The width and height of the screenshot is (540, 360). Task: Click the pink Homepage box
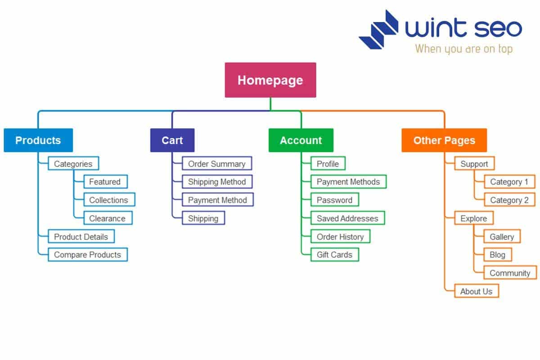(x=270, y=80)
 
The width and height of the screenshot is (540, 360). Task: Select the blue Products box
(x=38, y=140)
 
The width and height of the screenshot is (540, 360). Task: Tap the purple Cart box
(x=172, y=140)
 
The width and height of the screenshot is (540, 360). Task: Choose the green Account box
(x=301, y=140)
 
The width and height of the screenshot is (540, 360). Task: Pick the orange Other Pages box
(x=444, y=140)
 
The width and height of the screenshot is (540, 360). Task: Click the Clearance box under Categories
(x=108, y=218)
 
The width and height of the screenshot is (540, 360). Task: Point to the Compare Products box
(x=87, y=255)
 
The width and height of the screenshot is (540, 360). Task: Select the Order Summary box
(x=216, y=164)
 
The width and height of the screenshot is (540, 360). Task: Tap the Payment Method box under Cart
(x=217, y=200)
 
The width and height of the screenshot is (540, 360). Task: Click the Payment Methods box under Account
(x=348, y=182)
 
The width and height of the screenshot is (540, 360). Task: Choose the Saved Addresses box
(x=347, y=218)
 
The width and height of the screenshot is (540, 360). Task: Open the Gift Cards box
(x=334, y=255)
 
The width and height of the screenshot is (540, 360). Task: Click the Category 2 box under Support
(x=509, y=200)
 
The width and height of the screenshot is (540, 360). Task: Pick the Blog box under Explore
(x=497, y=255)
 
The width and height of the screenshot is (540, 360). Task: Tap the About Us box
(x=476, y=291)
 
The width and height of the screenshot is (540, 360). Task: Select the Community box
(x=509, y=273)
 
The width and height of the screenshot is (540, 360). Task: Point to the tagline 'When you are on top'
(x=463, y=49)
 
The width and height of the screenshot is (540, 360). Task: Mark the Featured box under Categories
(x=105, y=182)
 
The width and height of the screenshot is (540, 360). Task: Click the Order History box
(x=340, y=237)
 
